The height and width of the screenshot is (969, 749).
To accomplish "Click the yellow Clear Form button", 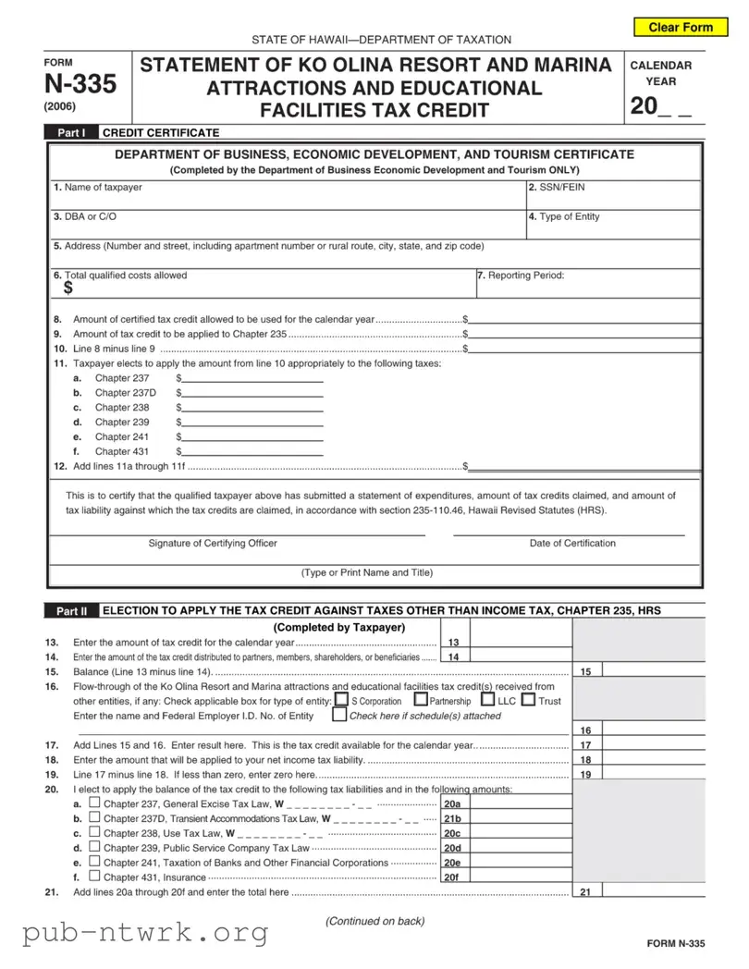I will pyautogui.click(x=681, y=27).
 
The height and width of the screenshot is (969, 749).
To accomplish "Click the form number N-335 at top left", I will pyautogui.click(x=81, y=84).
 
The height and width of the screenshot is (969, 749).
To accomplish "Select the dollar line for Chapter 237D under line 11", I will pyautogui.click(x=252, y=393).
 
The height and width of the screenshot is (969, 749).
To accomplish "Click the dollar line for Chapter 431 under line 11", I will pyautogui.click(x=252, y=452).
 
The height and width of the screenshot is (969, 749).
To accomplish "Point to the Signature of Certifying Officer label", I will pyautogui.click(x=213, y=543).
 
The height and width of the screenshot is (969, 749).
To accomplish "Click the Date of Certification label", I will pyautogui.click(x=572, y=543).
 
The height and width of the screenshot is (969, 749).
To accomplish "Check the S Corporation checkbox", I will pyautogui.click(x=341, y=700).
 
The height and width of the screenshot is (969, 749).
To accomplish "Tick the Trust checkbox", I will pyautogui.click(x=528, y=700).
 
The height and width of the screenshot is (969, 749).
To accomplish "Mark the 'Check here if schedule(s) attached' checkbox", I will pyautogui.click(x=339, y=715).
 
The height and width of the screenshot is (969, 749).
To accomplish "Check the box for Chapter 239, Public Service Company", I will pyautogui.click(x=93, y=847).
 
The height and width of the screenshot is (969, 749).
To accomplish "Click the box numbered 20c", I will pyautogui.click(x=452, y=833).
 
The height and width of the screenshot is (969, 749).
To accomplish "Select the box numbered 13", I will pyautogui.click(x=452, y=643).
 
